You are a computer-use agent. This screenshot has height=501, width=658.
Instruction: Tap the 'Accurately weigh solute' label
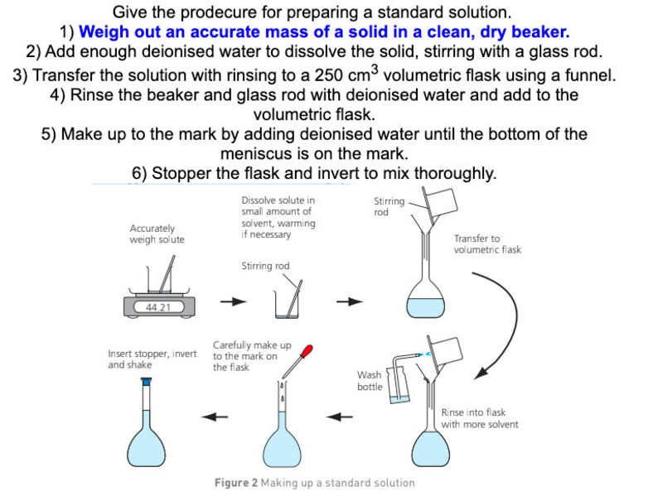point(157,234)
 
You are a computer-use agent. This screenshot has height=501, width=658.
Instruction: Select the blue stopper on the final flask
point(147,382)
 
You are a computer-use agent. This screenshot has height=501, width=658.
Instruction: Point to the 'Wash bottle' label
point(370,381)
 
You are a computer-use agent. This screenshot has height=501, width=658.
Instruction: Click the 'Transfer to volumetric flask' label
point(487,243)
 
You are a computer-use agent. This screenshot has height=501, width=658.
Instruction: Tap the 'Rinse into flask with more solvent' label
point(479,418)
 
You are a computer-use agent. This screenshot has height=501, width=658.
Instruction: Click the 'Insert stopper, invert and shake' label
point(152,359)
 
